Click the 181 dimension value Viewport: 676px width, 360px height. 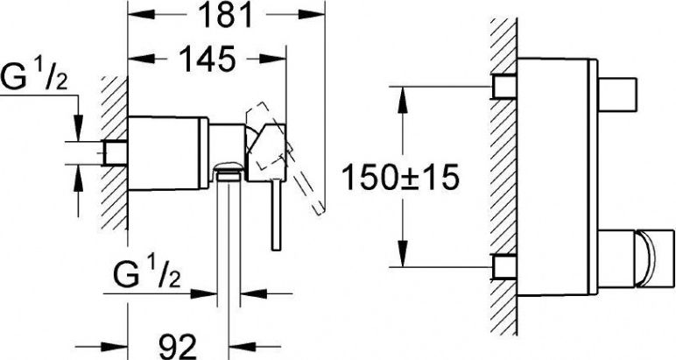point(227,15)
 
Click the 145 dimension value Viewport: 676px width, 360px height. point(208,59)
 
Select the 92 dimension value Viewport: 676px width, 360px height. point(177,346)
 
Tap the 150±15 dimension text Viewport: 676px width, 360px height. point(400,178)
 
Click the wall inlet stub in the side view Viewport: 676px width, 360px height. point(115,152)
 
